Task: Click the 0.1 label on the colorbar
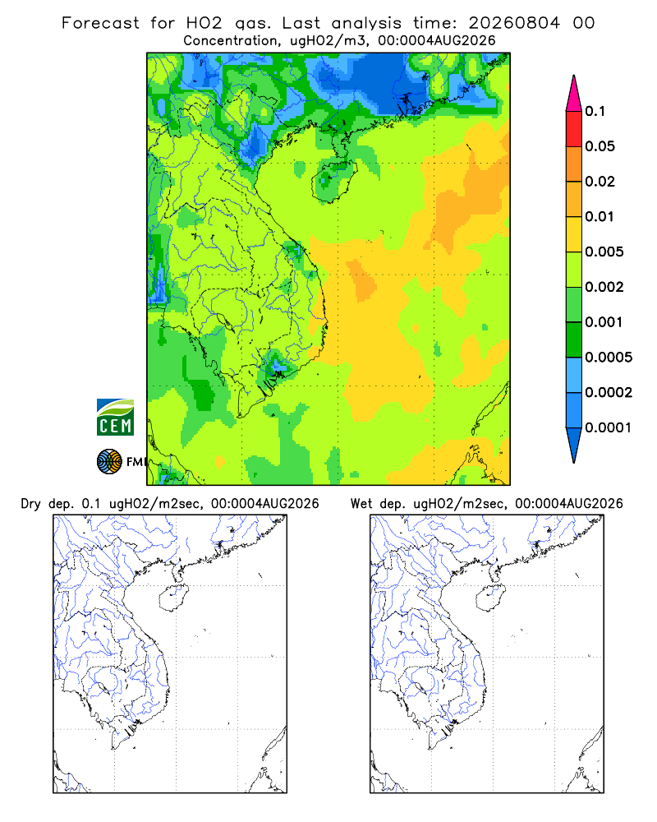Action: (595, 111)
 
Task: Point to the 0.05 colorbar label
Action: (600, 146)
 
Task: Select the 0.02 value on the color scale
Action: (600, 182)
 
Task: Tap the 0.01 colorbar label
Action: (600, 216)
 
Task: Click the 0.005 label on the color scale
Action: (604, 252)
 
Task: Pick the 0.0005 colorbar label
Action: (609, 357)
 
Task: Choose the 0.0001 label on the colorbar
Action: (609, 427)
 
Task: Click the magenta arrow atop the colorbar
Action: (574, 94)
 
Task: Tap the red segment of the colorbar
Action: (574, 128)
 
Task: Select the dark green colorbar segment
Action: (574, 339)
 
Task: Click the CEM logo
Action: (115, 418)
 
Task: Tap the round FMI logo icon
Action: (109, 462)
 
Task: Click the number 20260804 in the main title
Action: (514, 23)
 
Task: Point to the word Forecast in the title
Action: (100, 23)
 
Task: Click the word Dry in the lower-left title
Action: (30, 505)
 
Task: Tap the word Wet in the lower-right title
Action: (361, 504)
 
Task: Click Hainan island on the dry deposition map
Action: (173, 598)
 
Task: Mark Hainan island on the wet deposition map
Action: (491, 598)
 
